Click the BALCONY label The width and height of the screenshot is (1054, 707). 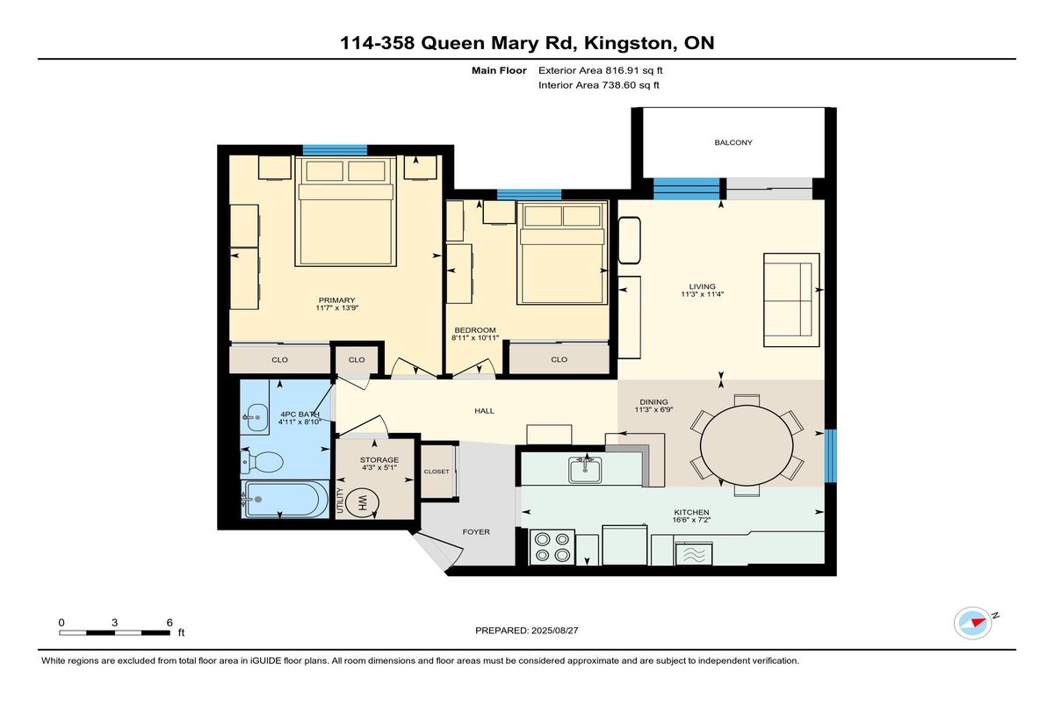click(x=733, y=142)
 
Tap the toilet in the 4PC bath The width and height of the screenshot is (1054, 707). click(x=262, y=462)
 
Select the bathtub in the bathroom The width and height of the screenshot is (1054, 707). click(x=285, y=499)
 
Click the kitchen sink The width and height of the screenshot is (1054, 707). click(x=585, y=470)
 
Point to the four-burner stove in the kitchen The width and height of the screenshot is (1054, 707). click(x=552, y=547)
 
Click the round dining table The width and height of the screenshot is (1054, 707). click(x=747, y=445)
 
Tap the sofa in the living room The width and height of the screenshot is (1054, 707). click(x=791, y=299)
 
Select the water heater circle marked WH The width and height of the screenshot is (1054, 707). click(x=362, y=503)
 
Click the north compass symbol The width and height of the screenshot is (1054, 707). click(x=972, y=624)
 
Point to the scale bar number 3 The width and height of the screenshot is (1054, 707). click(x=114, y=623)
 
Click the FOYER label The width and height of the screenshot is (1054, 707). click(x=476, y=532)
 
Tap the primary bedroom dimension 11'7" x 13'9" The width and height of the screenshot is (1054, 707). click(x=337, y=308)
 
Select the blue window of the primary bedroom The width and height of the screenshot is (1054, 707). click(x=335, y=150)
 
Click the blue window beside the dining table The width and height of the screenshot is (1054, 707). click(x=831, y=455)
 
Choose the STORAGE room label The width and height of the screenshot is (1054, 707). click(x=379, y=459)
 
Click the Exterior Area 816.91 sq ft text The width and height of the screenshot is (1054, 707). click(x=601, y=70)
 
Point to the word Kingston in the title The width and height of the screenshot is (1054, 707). click(x=628, y=43)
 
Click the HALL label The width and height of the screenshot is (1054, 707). click(x=484, y=411)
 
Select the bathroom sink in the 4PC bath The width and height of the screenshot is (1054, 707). click(x=254, y=417)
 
